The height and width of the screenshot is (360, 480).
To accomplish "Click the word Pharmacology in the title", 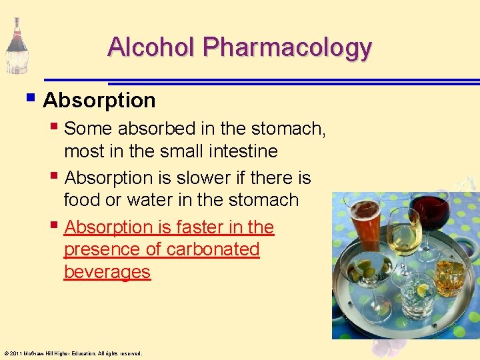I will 287,47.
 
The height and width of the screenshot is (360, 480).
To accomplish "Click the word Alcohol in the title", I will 152,47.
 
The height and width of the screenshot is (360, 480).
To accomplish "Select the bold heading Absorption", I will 99,101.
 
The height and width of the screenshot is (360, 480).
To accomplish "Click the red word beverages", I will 107,272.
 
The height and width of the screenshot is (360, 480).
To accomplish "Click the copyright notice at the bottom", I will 73,353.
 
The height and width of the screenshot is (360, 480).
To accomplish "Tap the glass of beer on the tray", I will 363,227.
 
